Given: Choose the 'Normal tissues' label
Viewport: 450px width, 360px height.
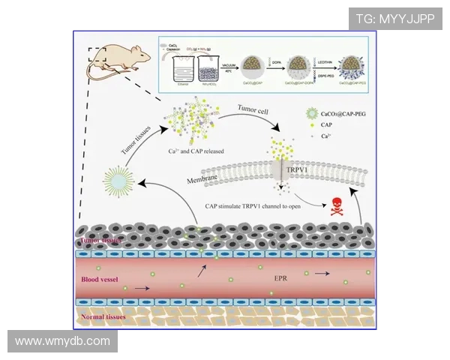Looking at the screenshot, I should pos(103,317).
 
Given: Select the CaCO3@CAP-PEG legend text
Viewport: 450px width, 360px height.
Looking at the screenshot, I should pos(344,113).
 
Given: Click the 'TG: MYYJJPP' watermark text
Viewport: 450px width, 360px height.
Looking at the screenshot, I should pos(394,19).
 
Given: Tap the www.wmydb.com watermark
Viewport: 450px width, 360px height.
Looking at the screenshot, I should pos(62,341).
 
